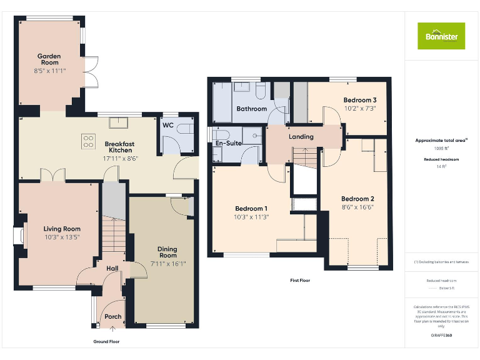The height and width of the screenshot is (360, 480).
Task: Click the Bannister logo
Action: coord(441,36)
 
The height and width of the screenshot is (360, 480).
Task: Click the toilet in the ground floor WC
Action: coord(185,130)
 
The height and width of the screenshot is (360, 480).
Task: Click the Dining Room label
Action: coord(167,251)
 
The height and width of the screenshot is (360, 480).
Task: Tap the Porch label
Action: coord(112,316)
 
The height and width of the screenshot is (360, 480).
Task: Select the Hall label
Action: coord(112,268)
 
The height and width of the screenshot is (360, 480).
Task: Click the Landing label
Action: coord(301,136)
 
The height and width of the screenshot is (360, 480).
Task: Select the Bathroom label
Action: coord(251,109)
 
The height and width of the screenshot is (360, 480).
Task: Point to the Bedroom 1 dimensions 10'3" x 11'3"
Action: coord(251,217)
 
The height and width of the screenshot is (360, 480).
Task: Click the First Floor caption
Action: coord(299,281)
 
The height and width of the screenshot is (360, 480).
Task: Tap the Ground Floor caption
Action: coord(106,342)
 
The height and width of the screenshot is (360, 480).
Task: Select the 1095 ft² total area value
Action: coord(441,149)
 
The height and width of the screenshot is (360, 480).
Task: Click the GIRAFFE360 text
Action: coord(441,336)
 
